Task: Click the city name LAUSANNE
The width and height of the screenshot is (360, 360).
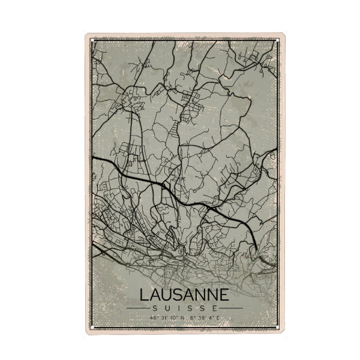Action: click(184, 296)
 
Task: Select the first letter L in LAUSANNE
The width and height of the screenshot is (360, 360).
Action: click(144, 296)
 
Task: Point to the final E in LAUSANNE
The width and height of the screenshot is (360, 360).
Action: click(224, 296)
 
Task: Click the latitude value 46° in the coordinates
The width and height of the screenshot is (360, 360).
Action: click(154, 316)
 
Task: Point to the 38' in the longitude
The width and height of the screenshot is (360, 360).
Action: click(199, 316)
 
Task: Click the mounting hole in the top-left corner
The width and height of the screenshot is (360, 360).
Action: click(89, 37)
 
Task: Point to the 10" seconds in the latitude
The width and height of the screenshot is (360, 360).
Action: click(170, 316)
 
